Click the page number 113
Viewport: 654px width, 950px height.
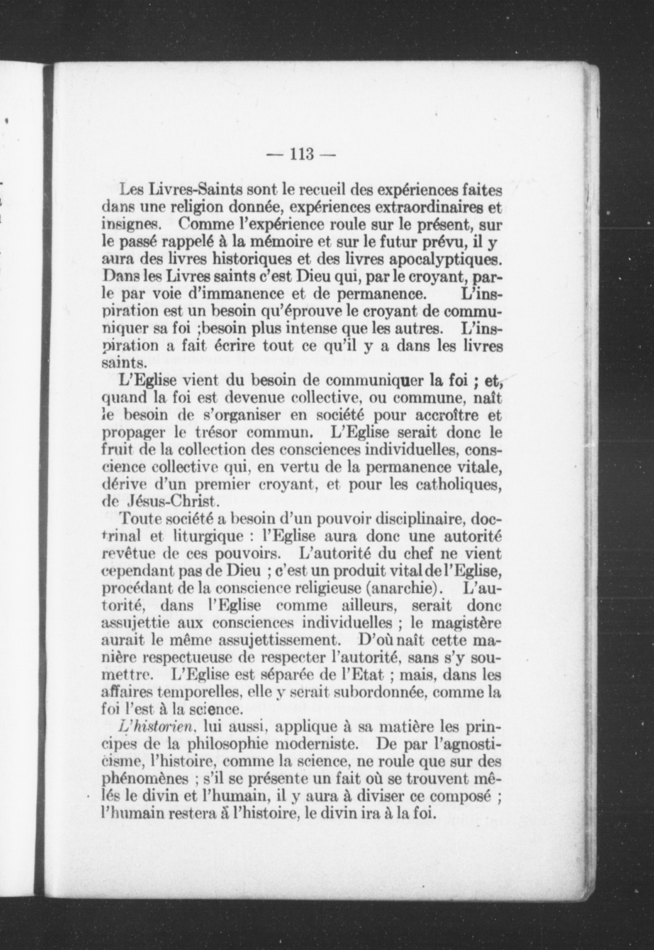301,155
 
